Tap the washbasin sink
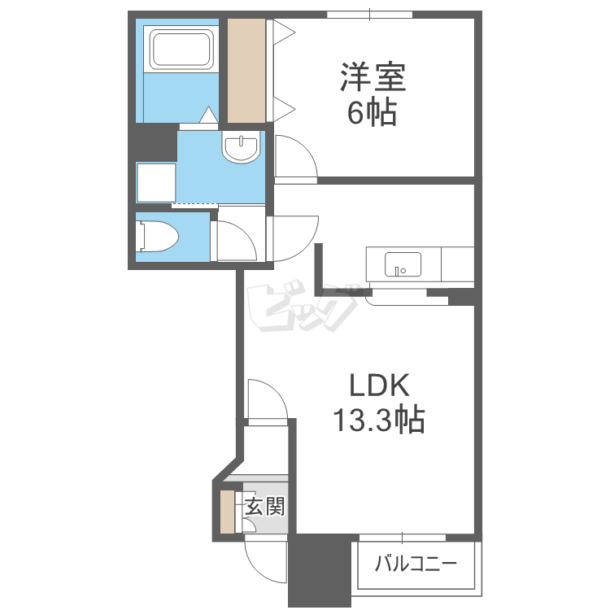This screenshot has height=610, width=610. pos(242,146)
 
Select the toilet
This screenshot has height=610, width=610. pos(158,237)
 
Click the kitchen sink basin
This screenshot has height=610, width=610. pos(403,264)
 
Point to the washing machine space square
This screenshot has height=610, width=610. pos(156,182)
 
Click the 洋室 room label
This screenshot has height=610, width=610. pos(373,77)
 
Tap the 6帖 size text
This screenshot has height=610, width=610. pos(372,113)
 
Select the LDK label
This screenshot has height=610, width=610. pos(379,386)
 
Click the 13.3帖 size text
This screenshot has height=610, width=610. pos(379,420)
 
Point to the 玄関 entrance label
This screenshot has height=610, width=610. pos(265,507)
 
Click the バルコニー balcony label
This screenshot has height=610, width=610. pos(416,564)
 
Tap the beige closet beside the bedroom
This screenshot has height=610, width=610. pos(246,71)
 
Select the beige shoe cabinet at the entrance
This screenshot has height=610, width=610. pos(227,512)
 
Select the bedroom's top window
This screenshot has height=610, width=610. pos(369,15)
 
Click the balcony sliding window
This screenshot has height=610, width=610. pos(403,538)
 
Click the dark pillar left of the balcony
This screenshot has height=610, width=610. pos(320,570)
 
